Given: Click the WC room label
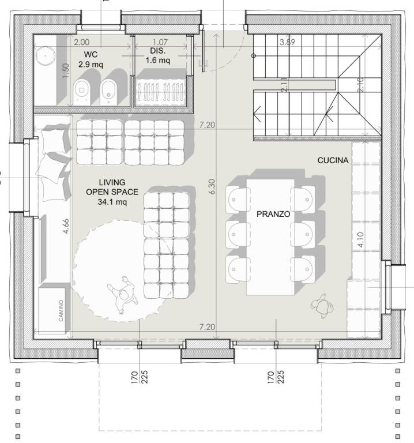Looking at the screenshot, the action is coord(91,54).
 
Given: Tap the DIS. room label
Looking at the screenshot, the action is coord(158,51).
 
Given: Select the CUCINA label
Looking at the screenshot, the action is coord(333,160).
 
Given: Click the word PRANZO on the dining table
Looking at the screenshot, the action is coord(273,214).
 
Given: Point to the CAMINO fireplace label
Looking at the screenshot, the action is coord(61,310).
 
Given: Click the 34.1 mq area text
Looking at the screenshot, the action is coord(112,202).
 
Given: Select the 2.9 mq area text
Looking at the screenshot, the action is coord(91,65).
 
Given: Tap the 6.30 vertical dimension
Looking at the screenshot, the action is coord(212,186).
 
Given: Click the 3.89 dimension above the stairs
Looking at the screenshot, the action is coord(287,42).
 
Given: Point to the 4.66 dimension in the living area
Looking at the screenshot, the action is coord(66,226).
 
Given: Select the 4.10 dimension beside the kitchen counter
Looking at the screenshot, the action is coord(360,239).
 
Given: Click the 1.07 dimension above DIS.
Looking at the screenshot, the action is coord(160,42).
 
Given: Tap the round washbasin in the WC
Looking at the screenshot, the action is coord(45,55).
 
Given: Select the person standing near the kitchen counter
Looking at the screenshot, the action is coord(322,306).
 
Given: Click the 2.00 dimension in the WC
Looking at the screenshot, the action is coord(82,42).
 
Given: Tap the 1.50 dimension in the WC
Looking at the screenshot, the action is coord(66,70).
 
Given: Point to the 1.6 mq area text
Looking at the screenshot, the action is coord(158,60).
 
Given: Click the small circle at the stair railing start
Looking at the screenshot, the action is coord(254,55).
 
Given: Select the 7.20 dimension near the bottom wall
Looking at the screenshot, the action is coord(207,327).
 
